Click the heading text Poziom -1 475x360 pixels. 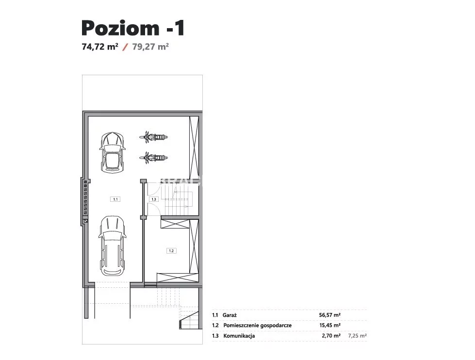click(133, 28)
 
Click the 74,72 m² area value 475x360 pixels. click(100, 47)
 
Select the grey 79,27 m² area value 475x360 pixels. click(150, 47)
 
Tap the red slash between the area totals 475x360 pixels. click(125, 47)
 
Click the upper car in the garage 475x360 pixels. click(112, 152)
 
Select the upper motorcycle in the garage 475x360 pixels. click(154, 137)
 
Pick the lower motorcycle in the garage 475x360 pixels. click(154, 158)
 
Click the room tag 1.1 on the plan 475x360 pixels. click(115, 199)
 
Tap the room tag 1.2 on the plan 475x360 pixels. click(171, 251)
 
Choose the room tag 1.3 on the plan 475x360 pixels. click(154, 199)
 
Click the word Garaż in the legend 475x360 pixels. click(229, 315)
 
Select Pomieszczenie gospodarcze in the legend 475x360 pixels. click(258, 326)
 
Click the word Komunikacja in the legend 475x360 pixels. click(239, 336)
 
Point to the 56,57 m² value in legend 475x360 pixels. click(329, 315)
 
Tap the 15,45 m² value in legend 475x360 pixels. click(330, 326)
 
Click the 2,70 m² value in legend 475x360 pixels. click(331, 336)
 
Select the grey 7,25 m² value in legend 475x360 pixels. click(358, 336)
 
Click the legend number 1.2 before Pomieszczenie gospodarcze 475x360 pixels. click(215, 326)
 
